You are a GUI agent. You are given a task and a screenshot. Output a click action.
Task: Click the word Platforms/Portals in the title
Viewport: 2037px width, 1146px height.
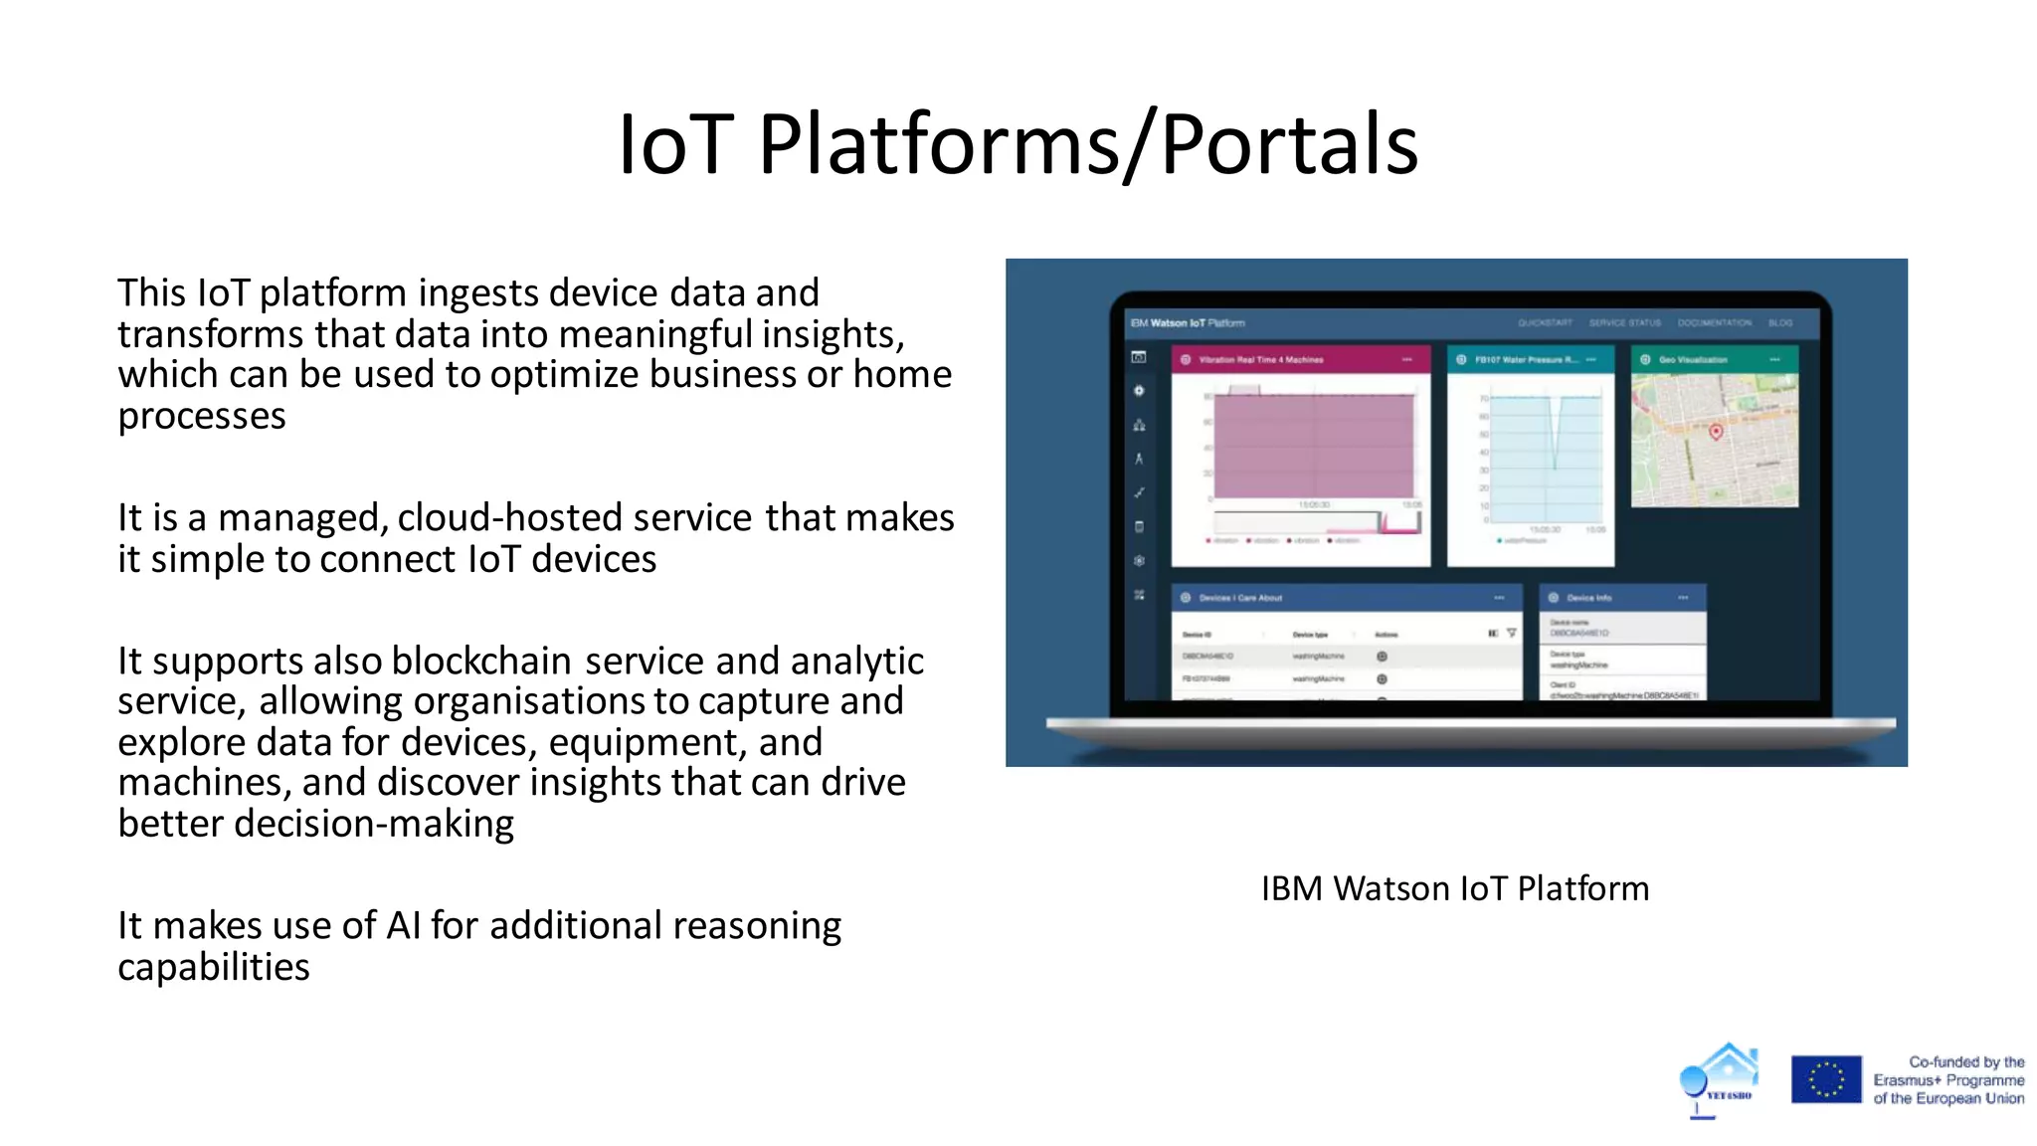tap(1088, 145)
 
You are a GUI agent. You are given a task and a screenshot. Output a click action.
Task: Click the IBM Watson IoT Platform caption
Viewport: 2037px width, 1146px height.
tap(1454, 888)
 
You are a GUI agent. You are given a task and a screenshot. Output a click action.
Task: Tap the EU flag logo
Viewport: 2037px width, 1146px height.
tap(1825, 1079)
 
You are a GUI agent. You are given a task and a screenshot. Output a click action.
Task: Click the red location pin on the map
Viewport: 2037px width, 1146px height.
tap(1715, 432)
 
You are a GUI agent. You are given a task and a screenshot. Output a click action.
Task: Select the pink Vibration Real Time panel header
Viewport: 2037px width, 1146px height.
tap(1299, 359)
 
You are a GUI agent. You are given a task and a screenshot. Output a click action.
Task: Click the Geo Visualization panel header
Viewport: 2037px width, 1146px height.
tap(1713, 359)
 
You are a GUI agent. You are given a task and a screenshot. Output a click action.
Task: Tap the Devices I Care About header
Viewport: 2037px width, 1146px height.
tap(1345, 598)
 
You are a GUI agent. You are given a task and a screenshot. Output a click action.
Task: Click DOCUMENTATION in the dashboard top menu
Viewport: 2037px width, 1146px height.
tap(1714, 323)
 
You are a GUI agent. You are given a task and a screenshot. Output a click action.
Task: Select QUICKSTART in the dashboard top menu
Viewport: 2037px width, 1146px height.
tap(1544, 323)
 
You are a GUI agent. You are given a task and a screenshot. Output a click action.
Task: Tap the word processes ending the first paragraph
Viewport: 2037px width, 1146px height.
tap(202, 416)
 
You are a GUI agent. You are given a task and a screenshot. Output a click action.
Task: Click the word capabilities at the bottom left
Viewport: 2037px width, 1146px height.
tap(214, 967)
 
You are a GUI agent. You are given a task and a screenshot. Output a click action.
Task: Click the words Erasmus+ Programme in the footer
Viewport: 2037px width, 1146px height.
tap(1947, 1080)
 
